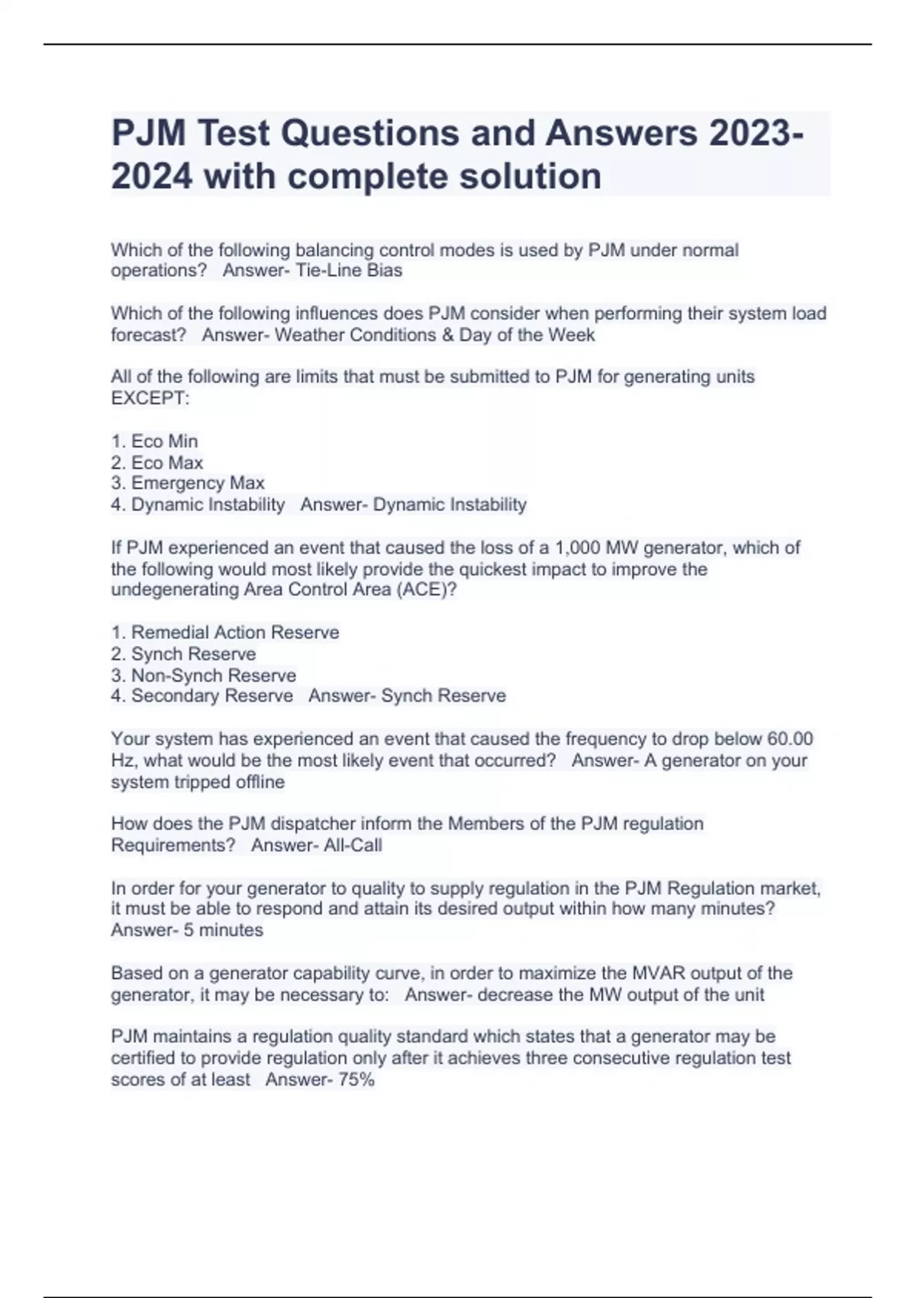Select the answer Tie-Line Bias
coord(349,270)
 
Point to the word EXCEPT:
coord(150,399)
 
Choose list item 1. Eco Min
coord(155,441)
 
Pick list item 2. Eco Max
coord(157,463)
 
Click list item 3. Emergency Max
coord(188,483)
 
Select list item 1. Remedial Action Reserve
coord(225,632)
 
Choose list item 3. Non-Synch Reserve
coord(204,676)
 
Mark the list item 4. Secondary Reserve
coord(202,696)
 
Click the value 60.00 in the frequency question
coord(790,739)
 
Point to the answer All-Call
coord(353,845)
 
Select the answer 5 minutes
coord(224,930)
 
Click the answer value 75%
coord(356,1080)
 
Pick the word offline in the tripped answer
coord(256,782)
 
